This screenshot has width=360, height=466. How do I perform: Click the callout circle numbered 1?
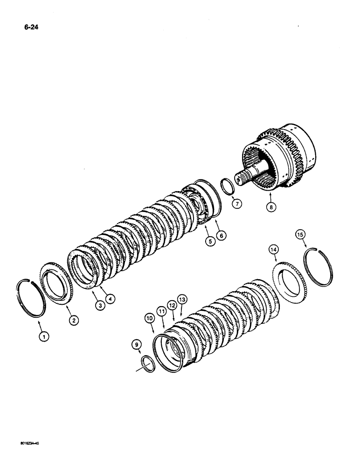click(x=43, y=335)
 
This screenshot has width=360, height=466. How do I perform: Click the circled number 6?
click(x=222, y=236)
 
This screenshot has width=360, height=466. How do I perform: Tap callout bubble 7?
click(x=237, y=203)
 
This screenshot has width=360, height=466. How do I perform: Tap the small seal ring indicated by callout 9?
click(x=148, y=363)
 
